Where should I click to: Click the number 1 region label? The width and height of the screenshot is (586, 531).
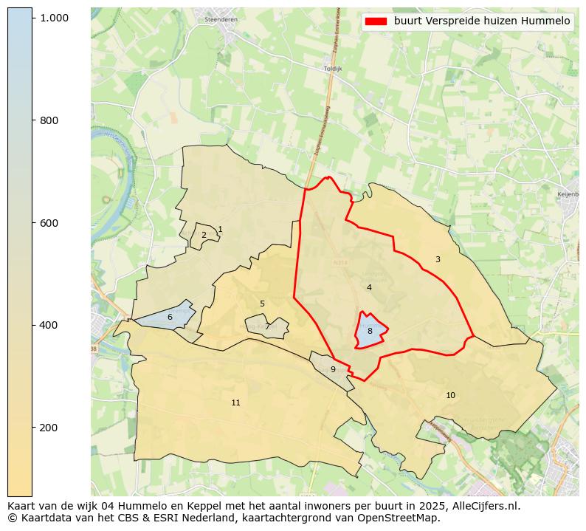[220, 230]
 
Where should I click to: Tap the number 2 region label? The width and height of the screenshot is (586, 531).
[204, 236]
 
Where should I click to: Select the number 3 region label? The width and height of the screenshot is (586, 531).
[438, 259]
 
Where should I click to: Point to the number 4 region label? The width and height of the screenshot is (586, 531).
[369, 287]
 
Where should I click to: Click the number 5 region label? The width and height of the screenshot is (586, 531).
[262, 304]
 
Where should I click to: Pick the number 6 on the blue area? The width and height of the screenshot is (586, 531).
[170, 317]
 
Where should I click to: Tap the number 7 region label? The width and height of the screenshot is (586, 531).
[267, 326]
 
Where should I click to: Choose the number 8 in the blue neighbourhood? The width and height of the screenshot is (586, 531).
[370, 332]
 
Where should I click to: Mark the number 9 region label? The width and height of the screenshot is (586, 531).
[333, 369]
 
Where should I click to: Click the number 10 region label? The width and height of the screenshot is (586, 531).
[450, 396]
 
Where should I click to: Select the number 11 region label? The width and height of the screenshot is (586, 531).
[235, 402]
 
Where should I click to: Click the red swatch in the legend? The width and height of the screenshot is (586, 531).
[376, 21]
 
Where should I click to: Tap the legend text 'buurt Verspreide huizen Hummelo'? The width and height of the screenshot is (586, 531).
[482, 21]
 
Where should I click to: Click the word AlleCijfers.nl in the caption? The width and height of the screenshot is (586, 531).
[483, 507]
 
